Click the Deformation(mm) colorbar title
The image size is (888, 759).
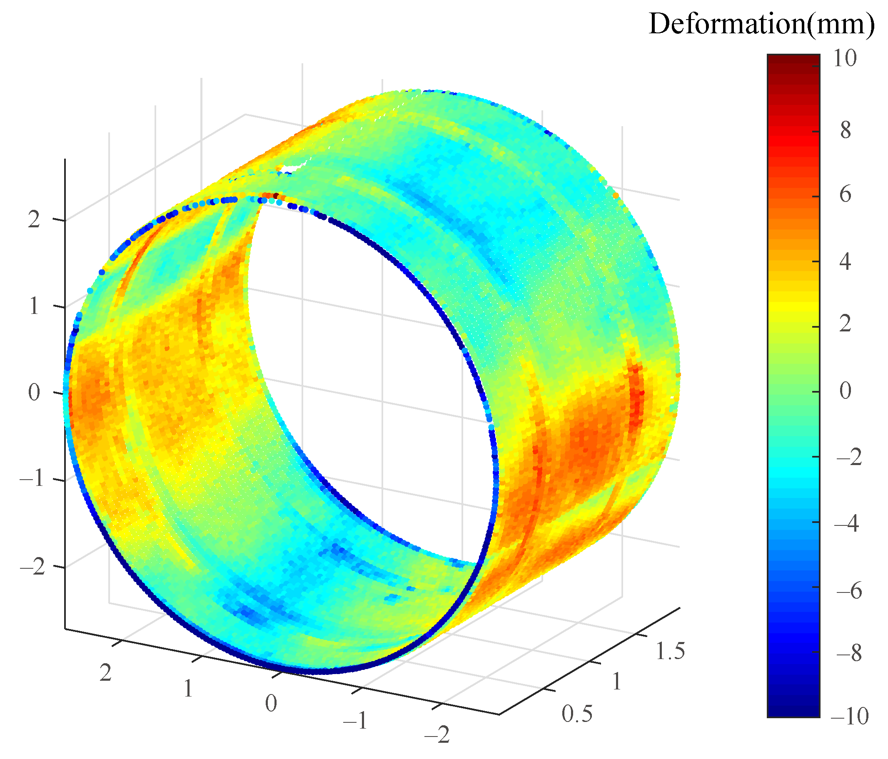761,24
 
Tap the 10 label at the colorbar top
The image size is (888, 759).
844,58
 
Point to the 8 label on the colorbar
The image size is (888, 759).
845,130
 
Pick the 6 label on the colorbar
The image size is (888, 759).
845,195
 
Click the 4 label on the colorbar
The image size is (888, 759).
845,261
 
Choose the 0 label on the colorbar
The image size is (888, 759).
845,391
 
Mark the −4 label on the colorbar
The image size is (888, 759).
846,523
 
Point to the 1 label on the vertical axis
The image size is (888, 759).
34,307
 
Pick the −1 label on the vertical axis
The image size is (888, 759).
32,478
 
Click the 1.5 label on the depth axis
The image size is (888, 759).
670,651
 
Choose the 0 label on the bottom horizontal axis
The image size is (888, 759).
271,703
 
